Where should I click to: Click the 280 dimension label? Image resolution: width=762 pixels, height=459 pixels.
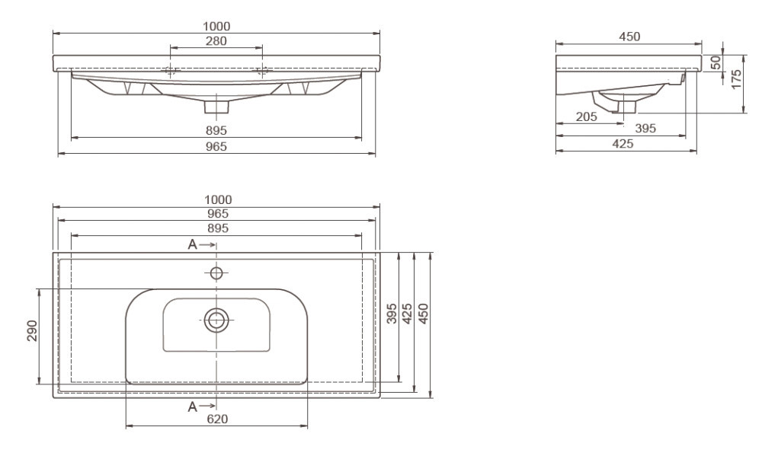click(216, 41)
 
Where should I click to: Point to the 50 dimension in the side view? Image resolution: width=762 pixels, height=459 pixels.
click(716, 62)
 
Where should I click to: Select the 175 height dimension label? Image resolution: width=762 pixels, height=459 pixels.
click(737, 79)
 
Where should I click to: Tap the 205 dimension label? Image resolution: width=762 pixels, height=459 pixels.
click(586, 116)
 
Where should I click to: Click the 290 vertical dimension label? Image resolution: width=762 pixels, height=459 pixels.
click(32, 330)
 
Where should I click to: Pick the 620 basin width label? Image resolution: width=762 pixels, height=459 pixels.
click(217, 419)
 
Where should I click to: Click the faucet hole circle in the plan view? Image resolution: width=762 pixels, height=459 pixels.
click(216, 273)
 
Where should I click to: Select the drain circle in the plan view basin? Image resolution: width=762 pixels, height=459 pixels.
click(216, 320)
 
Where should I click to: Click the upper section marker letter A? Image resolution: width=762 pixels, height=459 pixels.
click(193, 244)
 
